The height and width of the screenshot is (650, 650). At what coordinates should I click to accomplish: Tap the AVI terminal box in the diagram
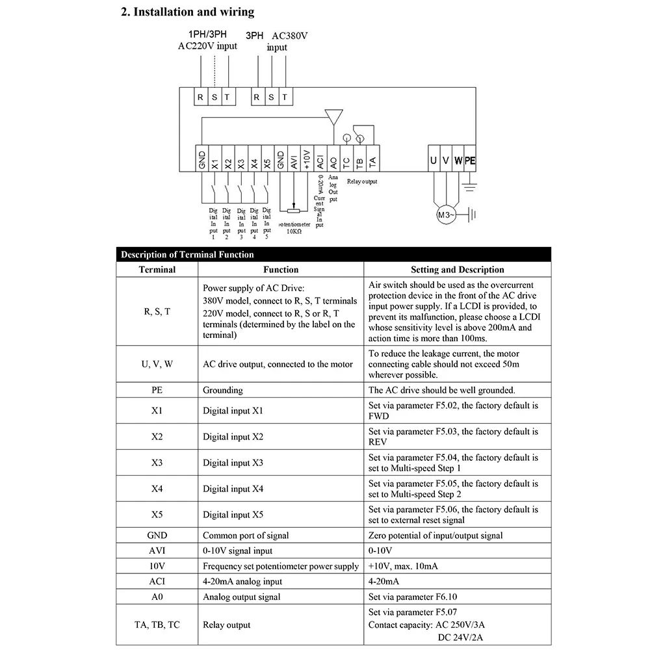click(294, 159)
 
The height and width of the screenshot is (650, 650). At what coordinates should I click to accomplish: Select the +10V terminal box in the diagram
click(307, 159)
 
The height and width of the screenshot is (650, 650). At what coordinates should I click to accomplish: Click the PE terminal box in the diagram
click(470, 159)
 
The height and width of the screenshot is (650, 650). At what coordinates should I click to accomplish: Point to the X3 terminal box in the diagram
click(241, 159)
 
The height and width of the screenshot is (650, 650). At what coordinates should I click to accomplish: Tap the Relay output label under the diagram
click(362, 182)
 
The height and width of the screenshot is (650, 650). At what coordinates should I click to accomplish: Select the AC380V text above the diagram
click(289, 36)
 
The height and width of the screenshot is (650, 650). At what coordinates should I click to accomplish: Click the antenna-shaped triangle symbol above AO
click(333, 118)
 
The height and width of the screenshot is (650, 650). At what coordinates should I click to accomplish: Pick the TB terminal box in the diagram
click(359, 159)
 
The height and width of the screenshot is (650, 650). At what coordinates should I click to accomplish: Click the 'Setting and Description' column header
click(457, 269)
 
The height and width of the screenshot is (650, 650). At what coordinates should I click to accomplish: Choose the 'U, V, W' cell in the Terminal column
click(157, 364)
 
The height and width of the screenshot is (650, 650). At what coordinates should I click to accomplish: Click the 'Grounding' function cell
click(223, 390)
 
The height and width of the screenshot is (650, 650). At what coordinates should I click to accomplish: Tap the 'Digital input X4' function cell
click(233, 489)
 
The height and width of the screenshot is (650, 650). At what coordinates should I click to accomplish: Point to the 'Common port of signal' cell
click(246, 536)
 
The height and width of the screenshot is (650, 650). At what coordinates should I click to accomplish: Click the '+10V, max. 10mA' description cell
click(403, 566)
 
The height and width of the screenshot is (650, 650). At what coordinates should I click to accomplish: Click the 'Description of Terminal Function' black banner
click(187, 254)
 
